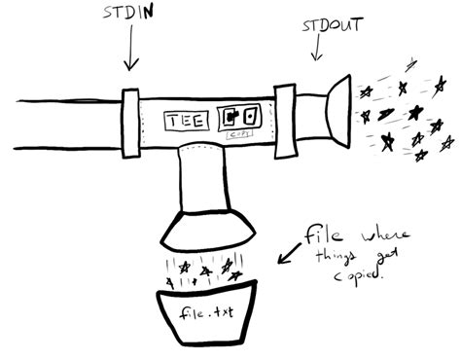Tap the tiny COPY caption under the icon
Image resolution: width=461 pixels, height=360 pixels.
coord(236,135)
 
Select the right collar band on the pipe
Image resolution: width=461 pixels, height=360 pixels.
coord(284,120)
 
